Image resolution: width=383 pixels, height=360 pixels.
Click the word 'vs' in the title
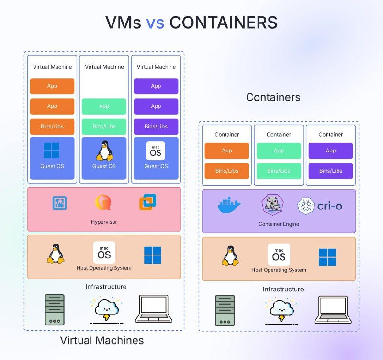[156, 23]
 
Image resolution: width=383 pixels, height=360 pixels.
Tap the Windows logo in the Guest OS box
[52, 150]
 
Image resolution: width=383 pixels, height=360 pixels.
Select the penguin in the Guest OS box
[104, 150]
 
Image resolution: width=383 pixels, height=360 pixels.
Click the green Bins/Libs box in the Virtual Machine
[104, 127]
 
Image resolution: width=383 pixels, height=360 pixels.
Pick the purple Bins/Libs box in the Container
[330, 171]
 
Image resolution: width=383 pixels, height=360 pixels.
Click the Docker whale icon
[229, 205]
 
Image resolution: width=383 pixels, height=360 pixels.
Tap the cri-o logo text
[329, 206]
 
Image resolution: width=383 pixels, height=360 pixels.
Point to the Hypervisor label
[104, 222]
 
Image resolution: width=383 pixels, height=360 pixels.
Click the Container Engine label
[279, 224]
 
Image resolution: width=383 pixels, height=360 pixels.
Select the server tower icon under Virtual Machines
[55, 309]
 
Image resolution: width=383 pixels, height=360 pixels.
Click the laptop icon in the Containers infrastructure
[333, 309]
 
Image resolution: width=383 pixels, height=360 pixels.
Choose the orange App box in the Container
[227, 151]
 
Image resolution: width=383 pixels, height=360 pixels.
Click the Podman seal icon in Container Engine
[271, 204]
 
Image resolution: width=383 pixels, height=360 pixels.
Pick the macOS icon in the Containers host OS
[279, 255]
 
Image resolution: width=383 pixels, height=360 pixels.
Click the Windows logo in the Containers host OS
[327, 257]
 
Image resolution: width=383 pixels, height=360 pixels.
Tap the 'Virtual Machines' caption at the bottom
[101, 341]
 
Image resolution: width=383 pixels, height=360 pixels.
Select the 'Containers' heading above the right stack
[273, 97]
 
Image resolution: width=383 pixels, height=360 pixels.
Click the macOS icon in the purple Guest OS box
[156, 151]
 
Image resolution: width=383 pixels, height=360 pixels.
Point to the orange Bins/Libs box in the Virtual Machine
[52, 127]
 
